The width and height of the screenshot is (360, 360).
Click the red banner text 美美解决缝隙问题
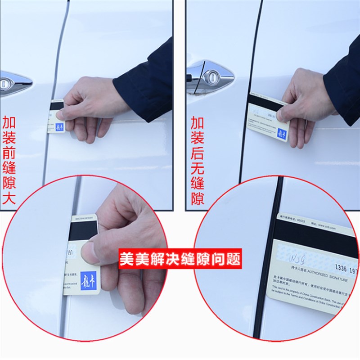[180, 259]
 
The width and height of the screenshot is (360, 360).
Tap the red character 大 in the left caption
[9, 198]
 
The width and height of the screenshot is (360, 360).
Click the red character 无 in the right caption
[197, 168]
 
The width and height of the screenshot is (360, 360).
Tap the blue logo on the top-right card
[282, 134]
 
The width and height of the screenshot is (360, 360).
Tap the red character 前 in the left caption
[9, 153]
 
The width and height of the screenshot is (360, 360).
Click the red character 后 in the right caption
[197, 153]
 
